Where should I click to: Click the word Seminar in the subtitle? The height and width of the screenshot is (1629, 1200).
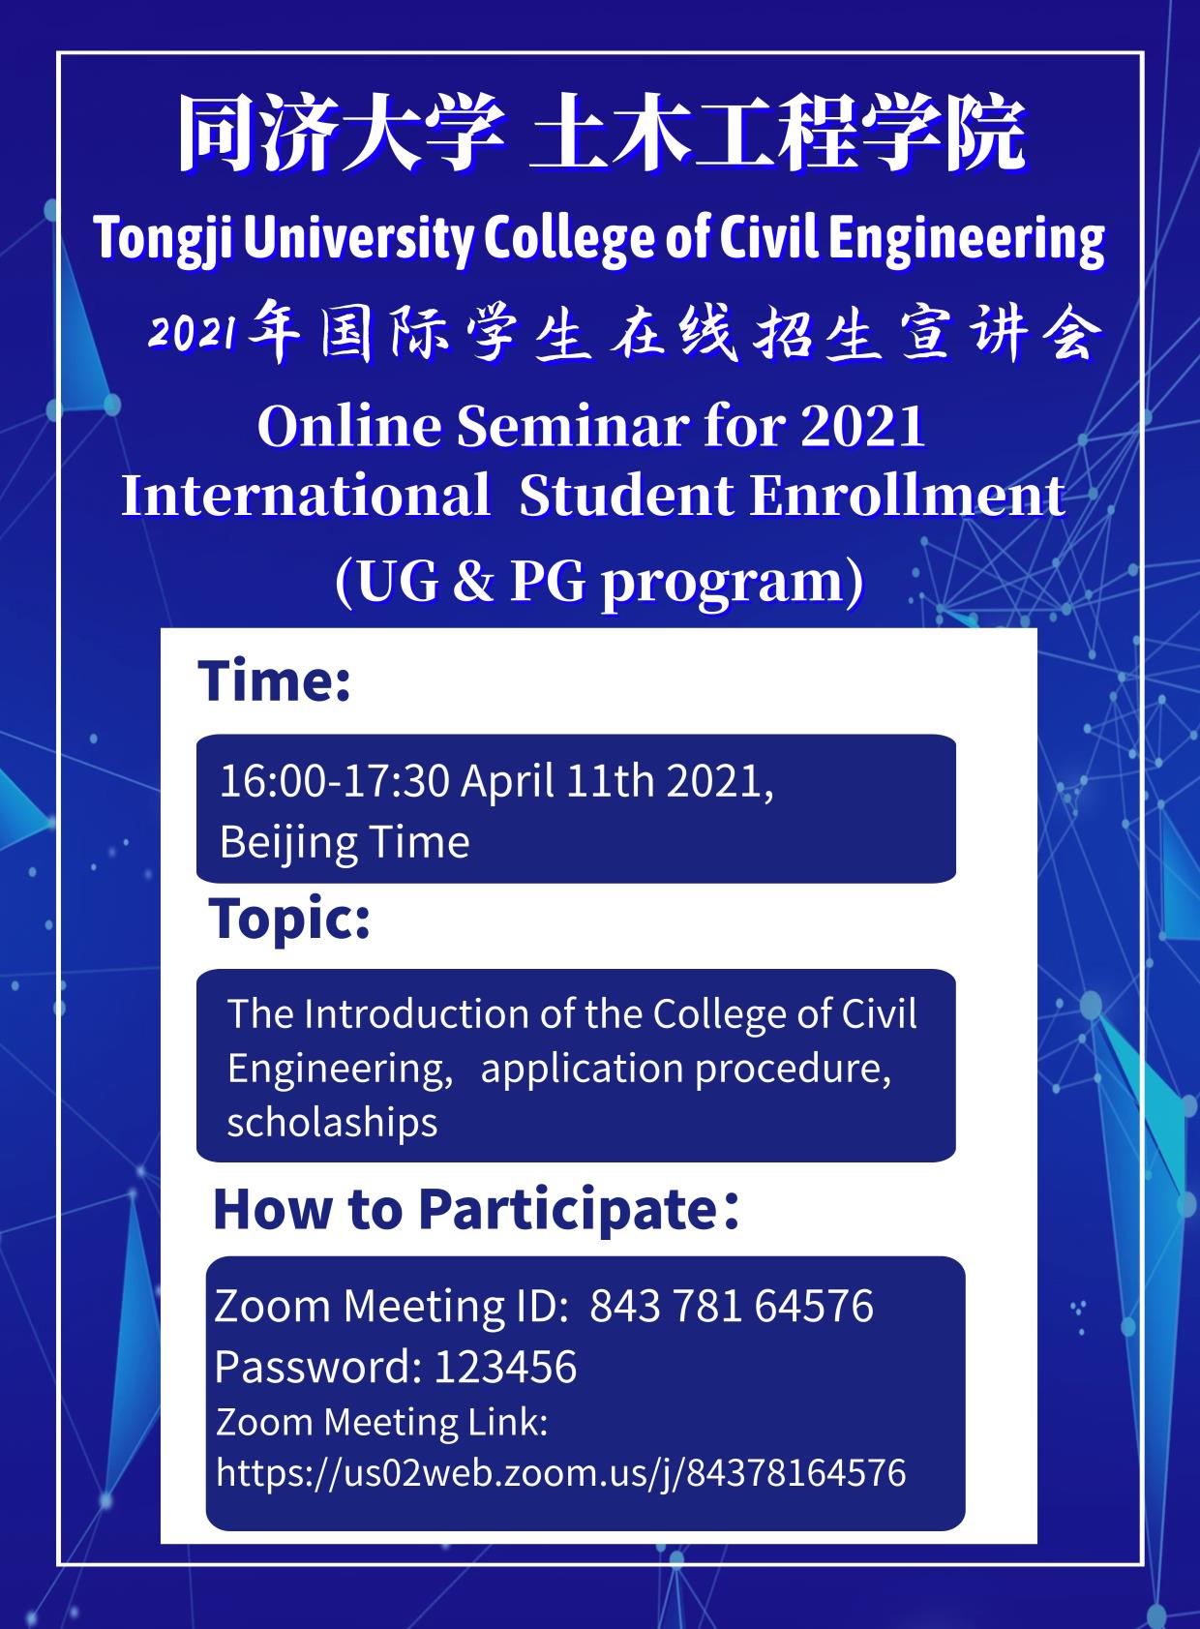coord(573,426)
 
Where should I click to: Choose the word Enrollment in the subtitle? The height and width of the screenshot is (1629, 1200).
coord(909,496)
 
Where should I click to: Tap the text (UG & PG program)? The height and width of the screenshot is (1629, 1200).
coord(600,582)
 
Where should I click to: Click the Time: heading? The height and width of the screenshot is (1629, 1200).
coord(274,680)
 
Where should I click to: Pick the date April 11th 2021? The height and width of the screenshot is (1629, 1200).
coord(617,782)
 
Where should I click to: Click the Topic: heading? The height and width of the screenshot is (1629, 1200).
coord(289,920)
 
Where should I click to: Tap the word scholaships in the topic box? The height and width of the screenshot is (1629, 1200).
coord(332,1122)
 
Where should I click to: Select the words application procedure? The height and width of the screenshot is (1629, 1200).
coord(686,1069)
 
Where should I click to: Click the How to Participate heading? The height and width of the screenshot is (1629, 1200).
coord(476,1209)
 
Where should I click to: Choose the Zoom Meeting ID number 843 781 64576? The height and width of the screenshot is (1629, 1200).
coord(732,1306)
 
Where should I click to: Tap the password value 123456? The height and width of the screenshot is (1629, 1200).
coord(506,1367)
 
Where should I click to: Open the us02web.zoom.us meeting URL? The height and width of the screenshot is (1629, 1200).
coord(560,1472)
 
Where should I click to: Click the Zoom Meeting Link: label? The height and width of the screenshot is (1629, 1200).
coord(382,1423)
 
